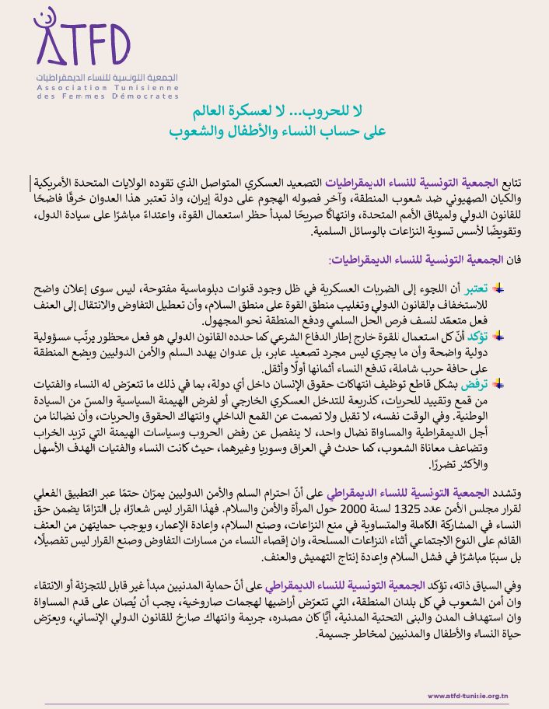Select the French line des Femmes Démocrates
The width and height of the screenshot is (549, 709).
107,96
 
